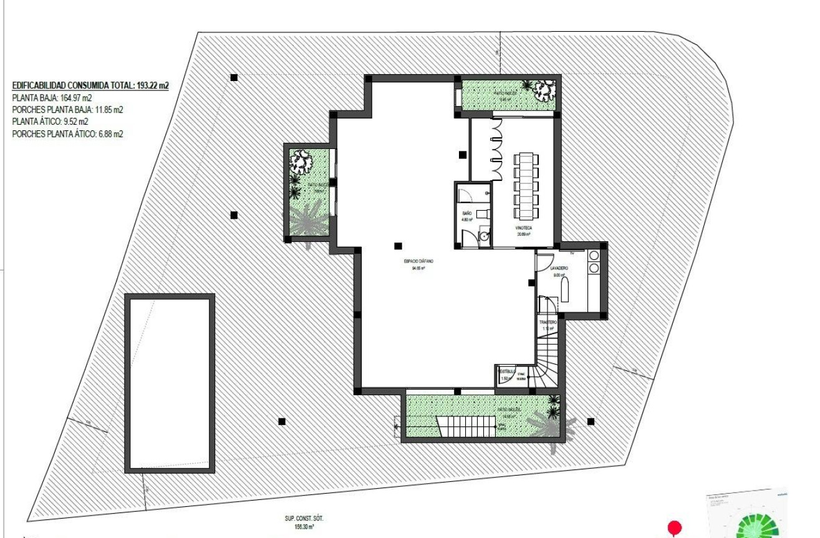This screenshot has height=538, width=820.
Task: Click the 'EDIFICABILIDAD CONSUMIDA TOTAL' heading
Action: (x=90, y=86)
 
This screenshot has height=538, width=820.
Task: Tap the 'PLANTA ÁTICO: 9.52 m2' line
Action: (x=50, y=122)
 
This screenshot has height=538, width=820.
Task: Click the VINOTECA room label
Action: (x=524, y=229)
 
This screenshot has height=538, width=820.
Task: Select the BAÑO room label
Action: (x=467, y=213)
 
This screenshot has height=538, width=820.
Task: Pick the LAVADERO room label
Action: (x=559, y=269)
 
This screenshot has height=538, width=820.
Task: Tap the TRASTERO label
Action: (x=548, y=322)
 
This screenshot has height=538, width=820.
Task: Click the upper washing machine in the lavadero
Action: (x=594, y=256)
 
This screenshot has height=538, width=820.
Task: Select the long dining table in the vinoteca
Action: (x=526, y=185)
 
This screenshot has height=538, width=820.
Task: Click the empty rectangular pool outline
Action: (x=170, y=383)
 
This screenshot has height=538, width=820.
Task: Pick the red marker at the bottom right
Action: (x=674, y=528)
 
